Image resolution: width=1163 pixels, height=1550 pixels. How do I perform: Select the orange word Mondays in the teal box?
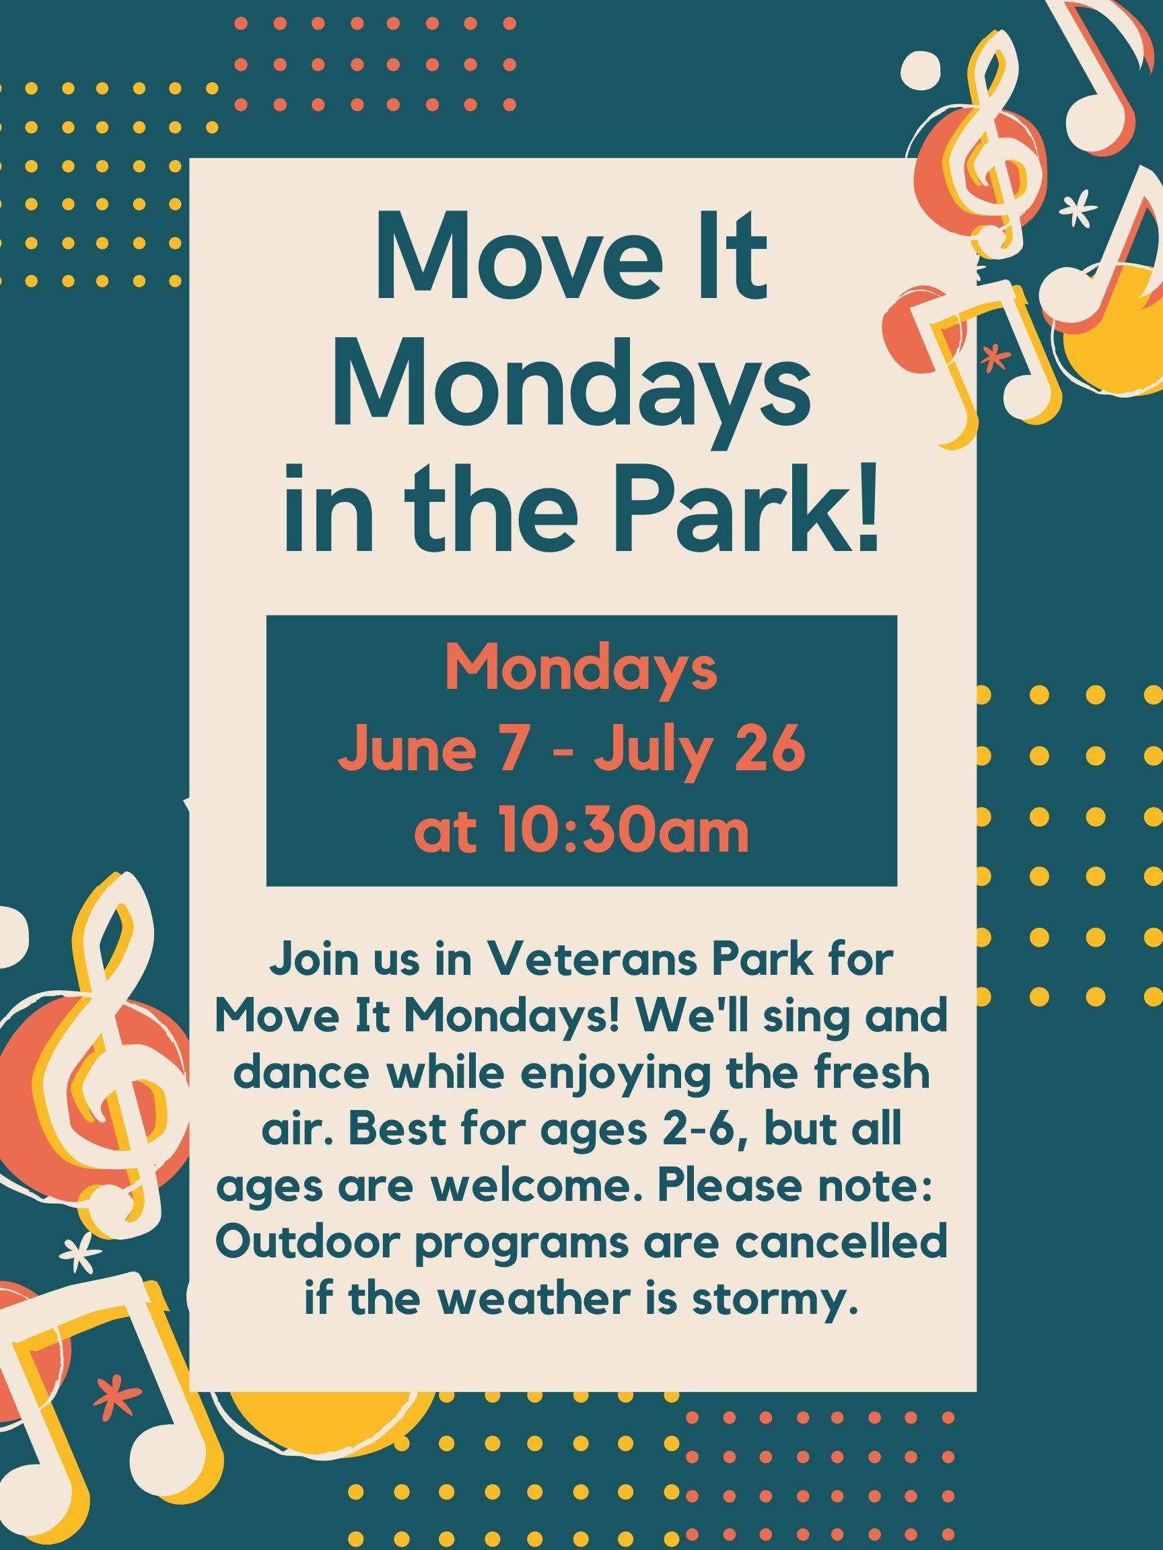coord(581,669)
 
